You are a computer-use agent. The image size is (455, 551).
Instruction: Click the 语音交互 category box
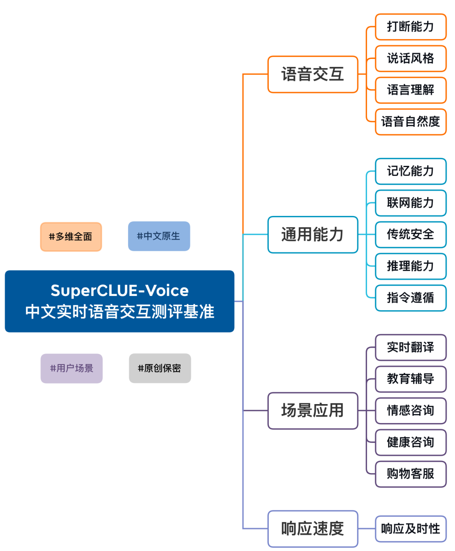313,75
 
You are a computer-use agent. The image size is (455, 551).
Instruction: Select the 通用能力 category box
313,234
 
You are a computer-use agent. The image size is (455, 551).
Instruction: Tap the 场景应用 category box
313,410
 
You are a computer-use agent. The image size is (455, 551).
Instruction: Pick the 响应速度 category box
313,529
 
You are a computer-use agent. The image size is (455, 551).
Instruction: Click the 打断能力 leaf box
410,27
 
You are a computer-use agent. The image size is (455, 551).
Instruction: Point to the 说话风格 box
410,59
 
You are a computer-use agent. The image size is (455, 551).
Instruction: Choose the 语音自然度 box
410,122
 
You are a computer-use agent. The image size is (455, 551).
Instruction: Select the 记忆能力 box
410,171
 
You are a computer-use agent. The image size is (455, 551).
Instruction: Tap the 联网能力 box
410,203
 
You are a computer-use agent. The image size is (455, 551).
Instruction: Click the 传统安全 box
410,234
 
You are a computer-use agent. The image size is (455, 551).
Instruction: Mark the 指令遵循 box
410,298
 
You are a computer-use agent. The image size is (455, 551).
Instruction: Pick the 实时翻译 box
410,347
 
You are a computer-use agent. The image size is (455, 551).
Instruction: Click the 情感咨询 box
410,410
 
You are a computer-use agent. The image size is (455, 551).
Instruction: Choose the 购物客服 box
410,474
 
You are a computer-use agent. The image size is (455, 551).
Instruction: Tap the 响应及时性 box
410,529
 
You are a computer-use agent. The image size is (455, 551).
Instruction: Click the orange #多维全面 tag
71,237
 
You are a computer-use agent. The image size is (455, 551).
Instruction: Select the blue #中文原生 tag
159,236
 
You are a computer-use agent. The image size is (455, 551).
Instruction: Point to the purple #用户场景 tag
71,368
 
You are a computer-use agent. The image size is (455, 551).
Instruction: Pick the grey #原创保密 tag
160,368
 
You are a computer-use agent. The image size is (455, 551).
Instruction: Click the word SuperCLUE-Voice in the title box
120,290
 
